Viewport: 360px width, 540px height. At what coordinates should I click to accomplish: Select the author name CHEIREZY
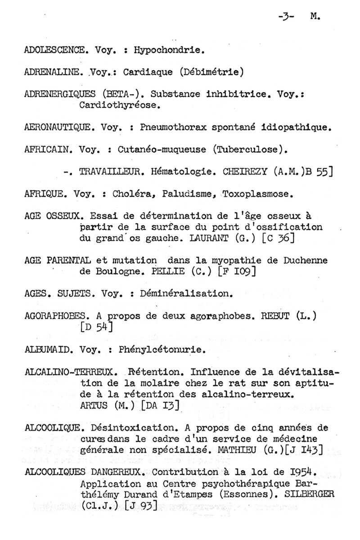pos(247,171)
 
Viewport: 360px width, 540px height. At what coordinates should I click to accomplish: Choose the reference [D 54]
pos(95,327)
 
